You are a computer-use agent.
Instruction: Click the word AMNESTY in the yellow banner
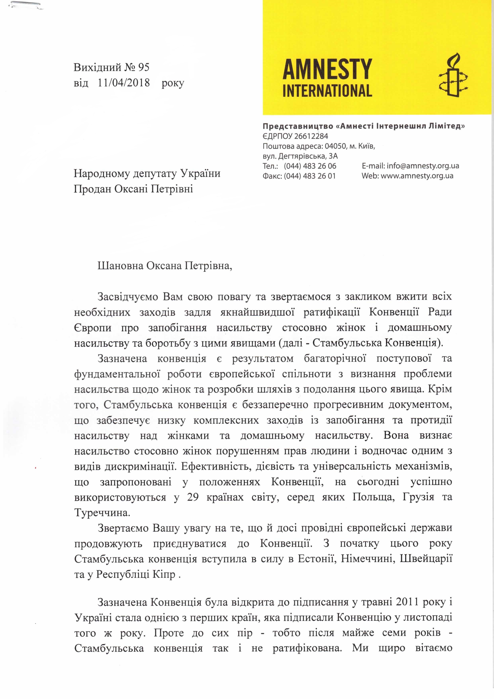point(327,70)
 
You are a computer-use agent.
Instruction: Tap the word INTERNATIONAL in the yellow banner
point(327,91)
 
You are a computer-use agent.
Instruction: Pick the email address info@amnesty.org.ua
point(423,166)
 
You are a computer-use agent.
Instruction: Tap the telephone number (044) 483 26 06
point(310,166)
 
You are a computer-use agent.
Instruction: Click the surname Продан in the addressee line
point(92,189)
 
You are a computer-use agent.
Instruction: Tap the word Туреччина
point(102,513)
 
